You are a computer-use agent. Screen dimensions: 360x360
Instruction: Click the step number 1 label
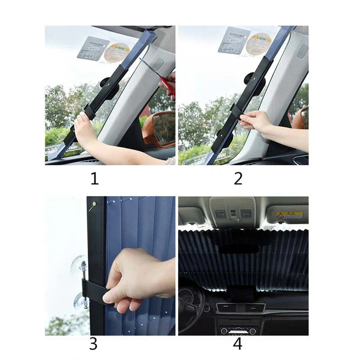click(x=94, y=178)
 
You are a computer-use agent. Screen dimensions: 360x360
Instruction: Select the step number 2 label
click(x=238, y=178)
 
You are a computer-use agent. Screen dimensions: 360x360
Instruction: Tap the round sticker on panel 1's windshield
click(x=116, y=53)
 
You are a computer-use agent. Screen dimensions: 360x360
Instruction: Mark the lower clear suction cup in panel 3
click(x=80, y=300)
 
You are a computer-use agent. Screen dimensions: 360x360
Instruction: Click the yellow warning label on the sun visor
click(x=289, y=214)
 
